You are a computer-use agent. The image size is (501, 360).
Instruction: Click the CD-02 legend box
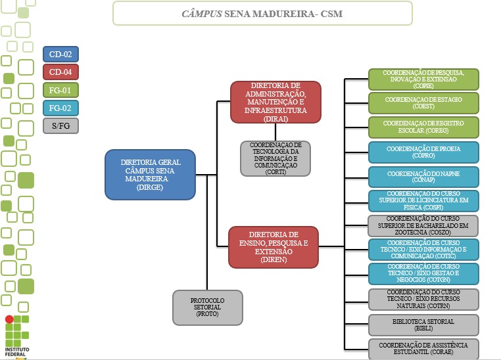click(x=60, y=54)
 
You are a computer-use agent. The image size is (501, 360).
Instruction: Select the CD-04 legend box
click(x=60, y=72)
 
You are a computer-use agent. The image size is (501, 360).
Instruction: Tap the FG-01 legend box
click(x=60, y=89)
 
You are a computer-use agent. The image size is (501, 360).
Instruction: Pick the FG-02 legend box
click(x=60, y=107)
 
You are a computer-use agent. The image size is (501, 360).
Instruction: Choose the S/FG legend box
click(x=60, y=125)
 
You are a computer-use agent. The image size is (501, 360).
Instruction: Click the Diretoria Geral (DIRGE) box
click(x=150, y=174)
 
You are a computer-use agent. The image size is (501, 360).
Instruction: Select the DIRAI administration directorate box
click(x=275, y=102)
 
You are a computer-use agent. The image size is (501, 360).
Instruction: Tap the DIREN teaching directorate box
click(x=273, y=246)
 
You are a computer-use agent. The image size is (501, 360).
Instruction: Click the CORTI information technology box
click(x=275, y=158)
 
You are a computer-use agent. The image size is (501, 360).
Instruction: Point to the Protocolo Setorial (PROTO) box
click(x=208, y=307)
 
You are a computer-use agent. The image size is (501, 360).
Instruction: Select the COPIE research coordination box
click(x=423, y=79)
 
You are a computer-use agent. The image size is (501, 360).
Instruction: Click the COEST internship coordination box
click(x=423, y=103)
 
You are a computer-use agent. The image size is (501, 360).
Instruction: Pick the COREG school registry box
click(x=423, y=127)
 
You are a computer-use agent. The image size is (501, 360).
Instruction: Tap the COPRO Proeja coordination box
click(x=423, y=152)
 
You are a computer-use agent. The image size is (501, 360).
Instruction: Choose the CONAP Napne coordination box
click(x=423, y=177)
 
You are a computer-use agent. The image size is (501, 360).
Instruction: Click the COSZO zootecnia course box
click(x=423, y=225)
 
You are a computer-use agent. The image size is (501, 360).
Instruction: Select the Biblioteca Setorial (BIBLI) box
click(x=423, y=325)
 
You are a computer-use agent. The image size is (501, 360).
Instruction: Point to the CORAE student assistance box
click(x=423, y=348)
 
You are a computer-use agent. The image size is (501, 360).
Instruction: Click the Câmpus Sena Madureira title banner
click(x=262, y=13)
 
